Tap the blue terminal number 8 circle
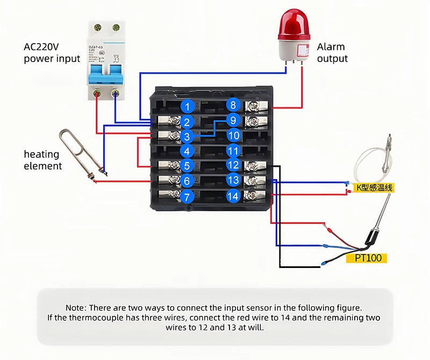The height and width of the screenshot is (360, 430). pos(233,105)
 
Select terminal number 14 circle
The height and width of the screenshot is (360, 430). pos(233,196)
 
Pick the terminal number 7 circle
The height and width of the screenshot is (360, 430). pos(187,197)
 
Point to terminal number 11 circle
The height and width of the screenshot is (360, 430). pos(233,151)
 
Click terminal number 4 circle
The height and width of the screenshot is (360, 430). pos(187,152)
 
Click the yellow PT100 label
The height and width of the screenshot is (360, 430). pos(368,258)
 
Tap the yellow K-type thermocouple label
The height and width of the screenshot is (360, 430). pos(375,187)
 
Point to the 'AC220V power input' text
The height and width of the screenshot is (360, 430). pos(52,53)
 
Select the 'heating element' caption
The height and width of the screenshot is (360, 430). pos(42,160)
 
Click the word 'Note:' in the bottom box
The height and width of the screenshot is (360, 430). pos(77,308)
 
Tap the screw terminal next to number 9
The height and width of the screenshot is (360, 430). pos(252,121)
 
